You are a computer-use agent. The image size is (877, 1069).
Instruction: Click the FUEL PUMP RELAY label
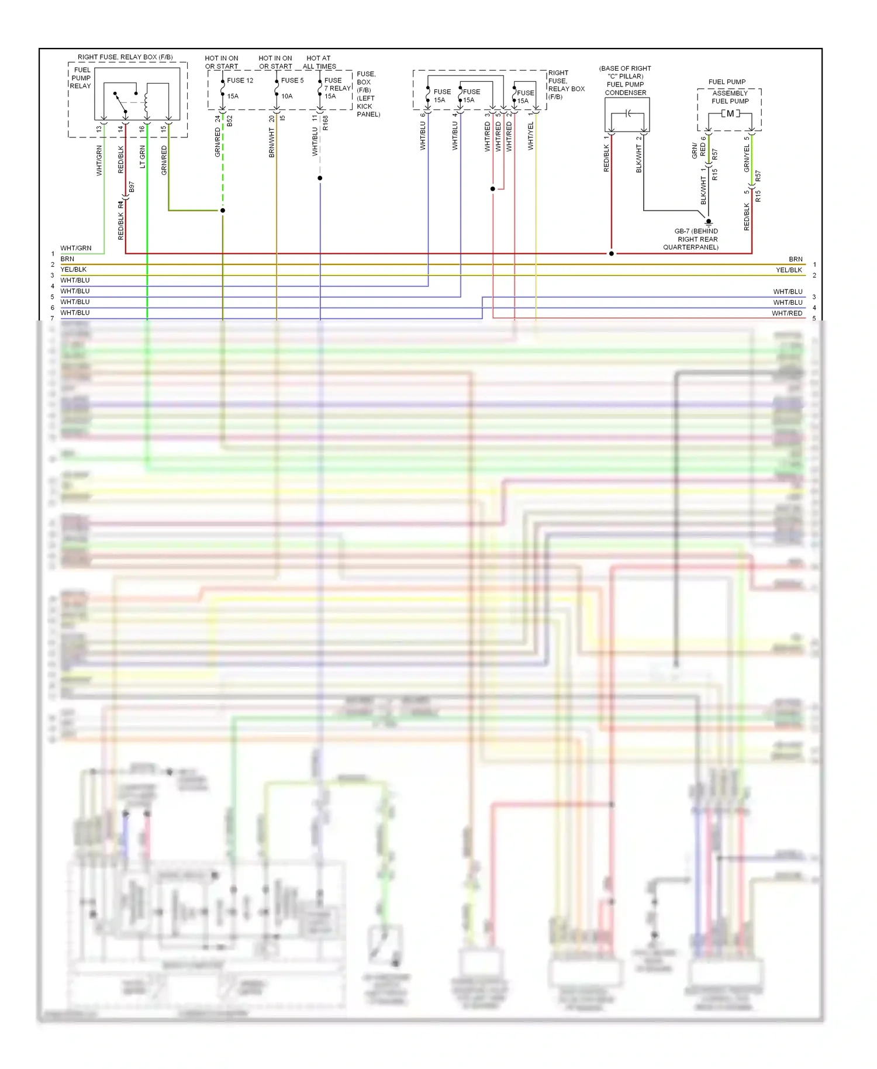point(81,78)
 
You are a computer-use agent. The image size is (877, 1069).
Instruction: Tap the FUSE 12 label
point(240,81)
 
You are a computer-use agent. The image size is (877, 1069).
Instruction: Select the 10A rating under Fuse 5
point(286,96)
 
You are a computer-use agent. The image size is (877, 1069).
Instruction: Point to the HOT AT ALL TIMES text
point(319,63)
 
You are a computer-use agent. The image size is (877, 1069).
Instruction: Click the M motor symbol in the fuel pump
point(730,113)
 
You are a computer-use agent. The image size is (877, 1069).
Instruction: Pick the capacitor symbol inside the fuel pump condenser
point(627,113)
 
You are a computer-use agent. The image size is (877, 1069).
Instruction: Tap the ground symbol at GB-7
point(709,222)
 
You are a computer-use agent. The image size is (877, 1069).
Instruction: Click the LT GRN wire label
point(143,157)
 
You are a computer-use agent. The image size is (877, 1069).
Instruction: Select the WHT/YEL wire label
point(531,136)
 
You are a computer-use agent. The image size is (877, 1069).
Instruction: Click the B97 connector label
point(132,187)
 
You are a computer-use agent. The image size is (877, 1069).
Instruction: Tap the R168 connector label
point(326,123)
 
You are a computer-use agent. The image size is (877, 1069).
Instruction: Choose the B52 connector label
point(230,121)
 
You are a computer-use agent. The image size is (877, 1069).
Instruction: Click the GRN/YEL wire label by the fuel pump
point(747,158)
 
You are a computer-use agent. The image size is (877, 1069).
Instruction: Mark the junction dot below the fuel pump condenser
point(612,254)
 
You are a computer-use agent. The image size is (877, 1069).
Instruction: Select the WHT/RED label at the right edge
point(787,313)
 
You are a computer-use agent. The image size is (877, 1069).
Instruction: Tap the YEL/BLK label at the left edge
point(74,270)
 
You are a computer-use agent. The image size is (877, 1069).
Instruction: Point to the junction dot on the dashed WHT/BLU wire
point(320,178)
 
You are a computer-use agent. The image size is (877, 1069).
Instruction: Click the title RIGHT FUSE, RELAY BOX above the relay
point(125,57)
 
